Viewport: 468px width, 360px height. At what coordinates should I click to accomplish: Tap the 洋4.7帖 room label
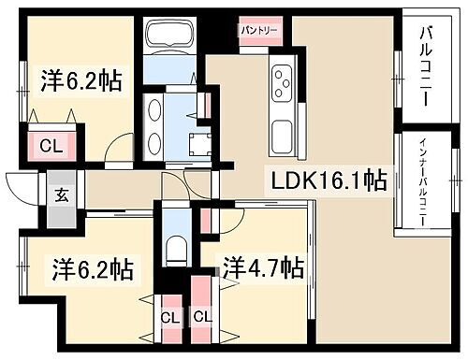coord(263,269)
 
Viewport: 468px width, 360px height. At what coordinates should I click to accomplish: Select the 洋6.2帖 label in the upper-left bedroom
coord(80,80)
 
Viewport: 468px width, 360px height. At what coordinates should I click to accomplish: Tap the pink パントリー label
coord(256,30)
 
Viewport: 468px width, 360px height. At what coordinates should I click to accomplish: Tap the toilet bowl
coord(175,248)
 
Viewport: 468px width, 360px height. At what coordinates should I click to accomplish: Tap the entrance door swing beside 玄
coord(21,187)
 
